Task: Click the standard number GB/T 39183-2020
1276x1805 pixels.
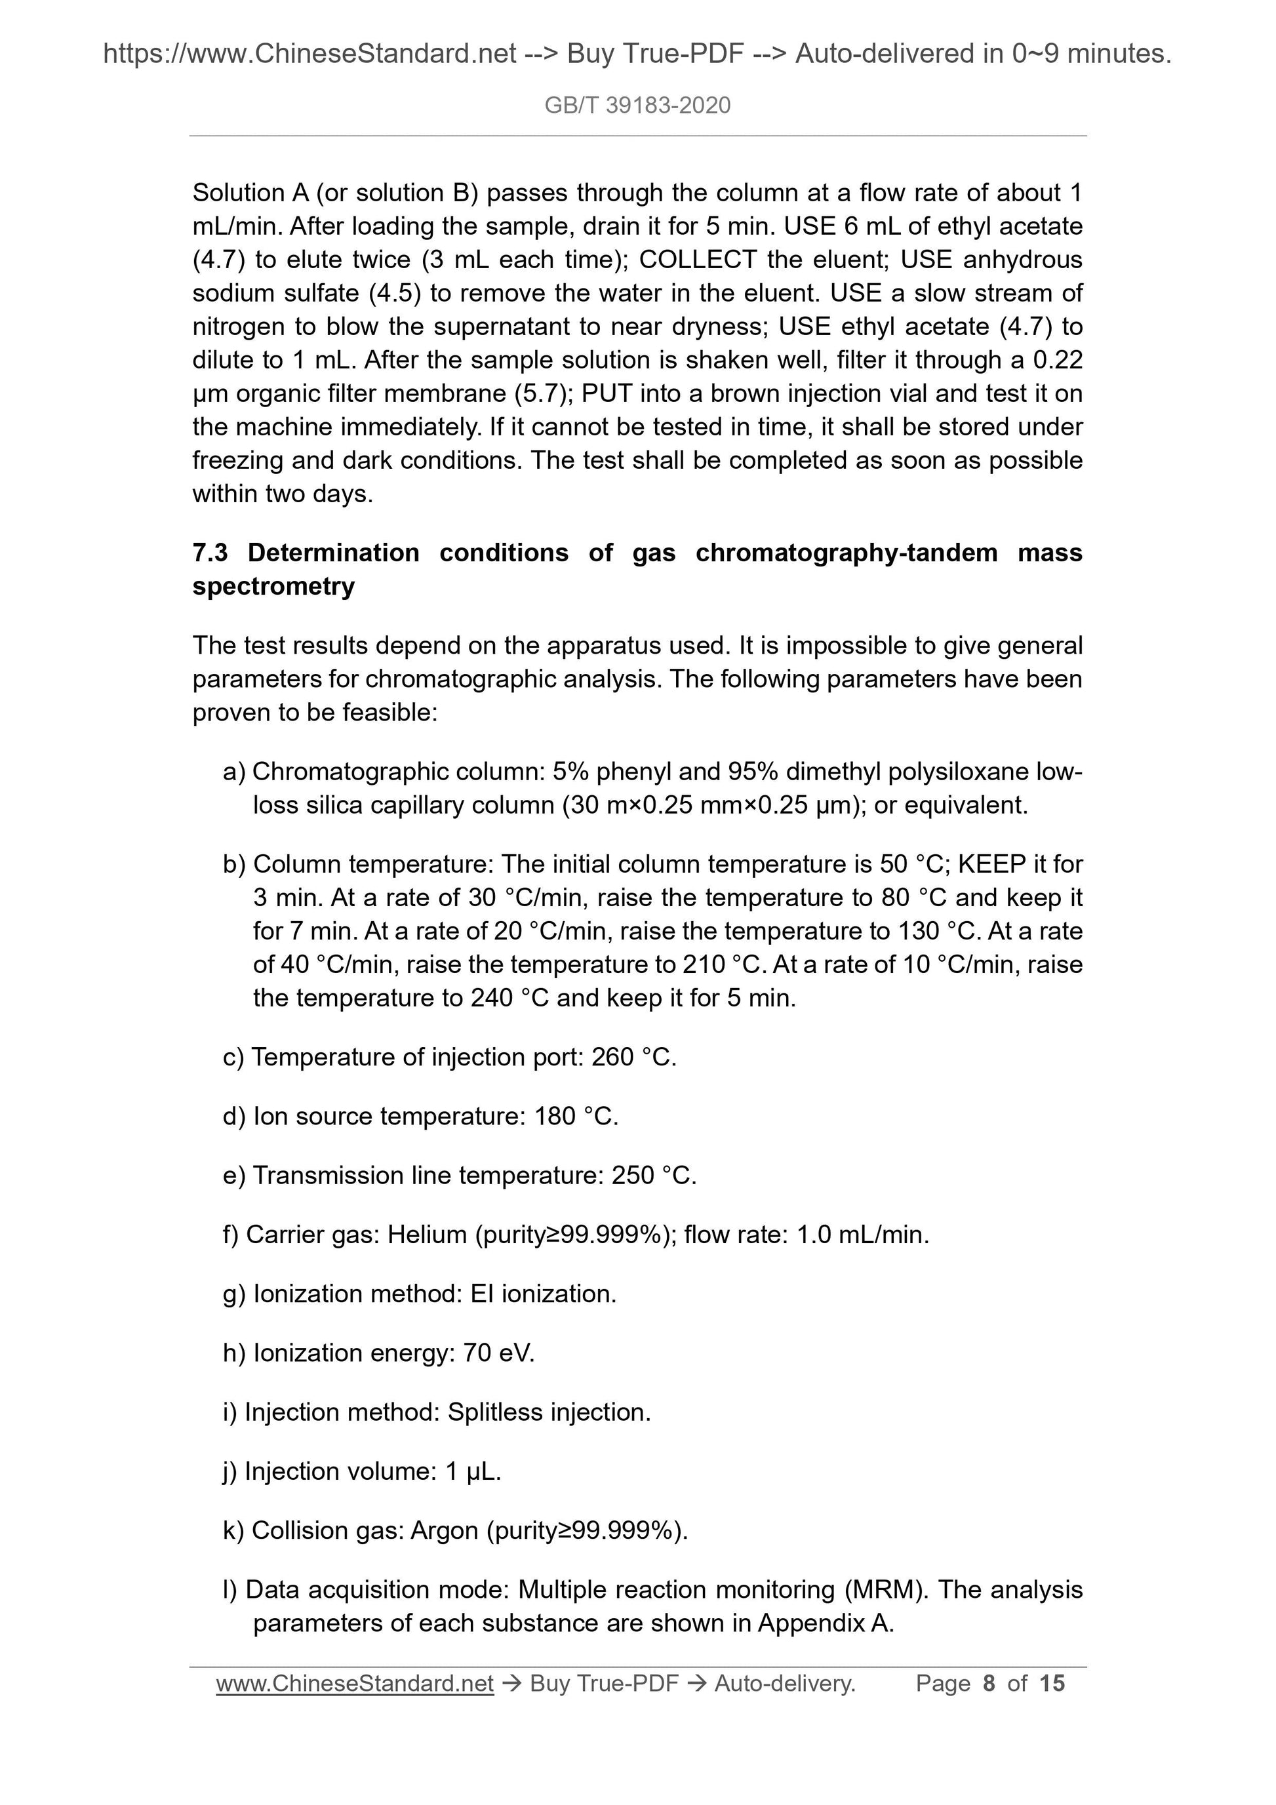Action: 637,106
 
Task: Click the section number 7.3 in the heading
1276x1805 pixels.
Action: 210,553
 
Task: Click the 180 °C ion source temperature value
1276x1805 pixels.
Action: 576,1117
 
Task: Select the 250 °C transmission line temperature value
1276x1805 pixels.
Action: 654,1176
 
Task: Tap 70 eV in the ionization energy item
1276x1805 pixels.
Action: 498,1353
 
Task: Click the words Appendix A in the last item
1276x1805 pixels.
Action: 825,1623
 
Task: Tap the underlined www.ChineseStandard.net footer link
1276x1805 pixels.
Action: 355,1683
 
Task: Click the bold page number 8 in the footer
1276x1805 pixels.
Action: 989,1683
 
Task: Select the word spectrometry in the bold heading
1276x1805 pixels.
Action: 273,586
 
